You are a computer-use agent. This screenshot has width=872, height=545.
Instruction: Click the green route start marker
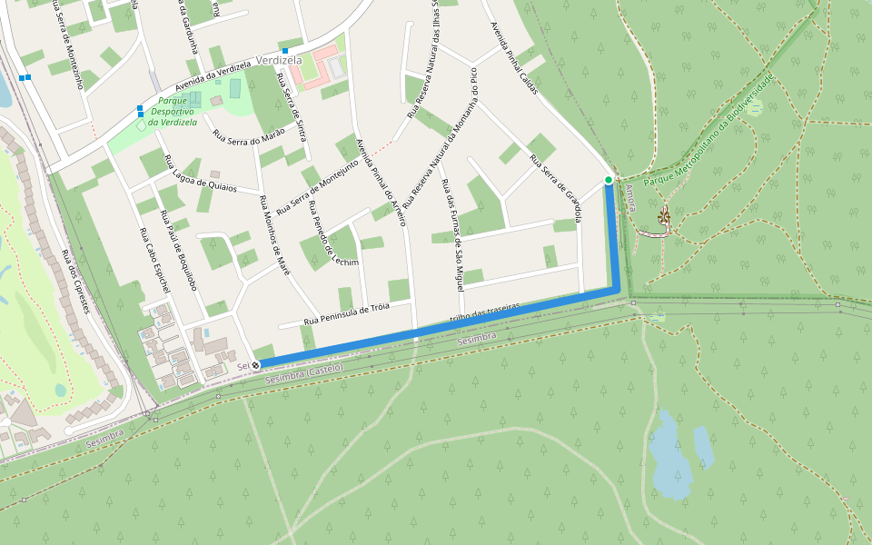click(x=609, y=180)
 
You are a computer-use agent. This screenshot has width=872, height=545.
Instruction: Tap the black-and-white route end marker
click(x=256, y=365)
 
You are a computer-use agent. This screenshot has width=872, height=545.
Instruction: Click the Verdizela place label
click(x=279, y=61)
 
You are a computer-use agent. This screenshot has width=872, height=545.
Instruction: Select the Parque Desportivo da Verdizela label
click(x=172, y=112)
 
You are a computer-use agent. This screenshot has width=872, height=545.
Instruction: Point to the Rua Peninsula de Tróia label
click(x=347, y=314)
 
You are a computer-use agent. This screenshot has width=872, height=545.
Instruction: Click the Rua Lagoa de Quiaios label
click(x=200, y=173)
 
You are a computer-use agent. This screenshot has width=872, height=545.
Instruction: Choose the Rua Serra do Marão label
click(x=249, y=135)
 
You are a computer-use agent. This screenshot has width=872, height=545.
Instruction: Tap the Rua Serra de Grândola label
click(x=555, y=189)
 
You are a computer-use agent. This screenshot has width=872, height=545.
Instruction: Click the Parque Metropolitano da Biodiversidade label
click(x=709, y=132)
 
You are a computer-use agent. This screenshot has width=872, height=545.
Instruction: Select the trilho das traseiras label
click(x=485, y=313)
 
